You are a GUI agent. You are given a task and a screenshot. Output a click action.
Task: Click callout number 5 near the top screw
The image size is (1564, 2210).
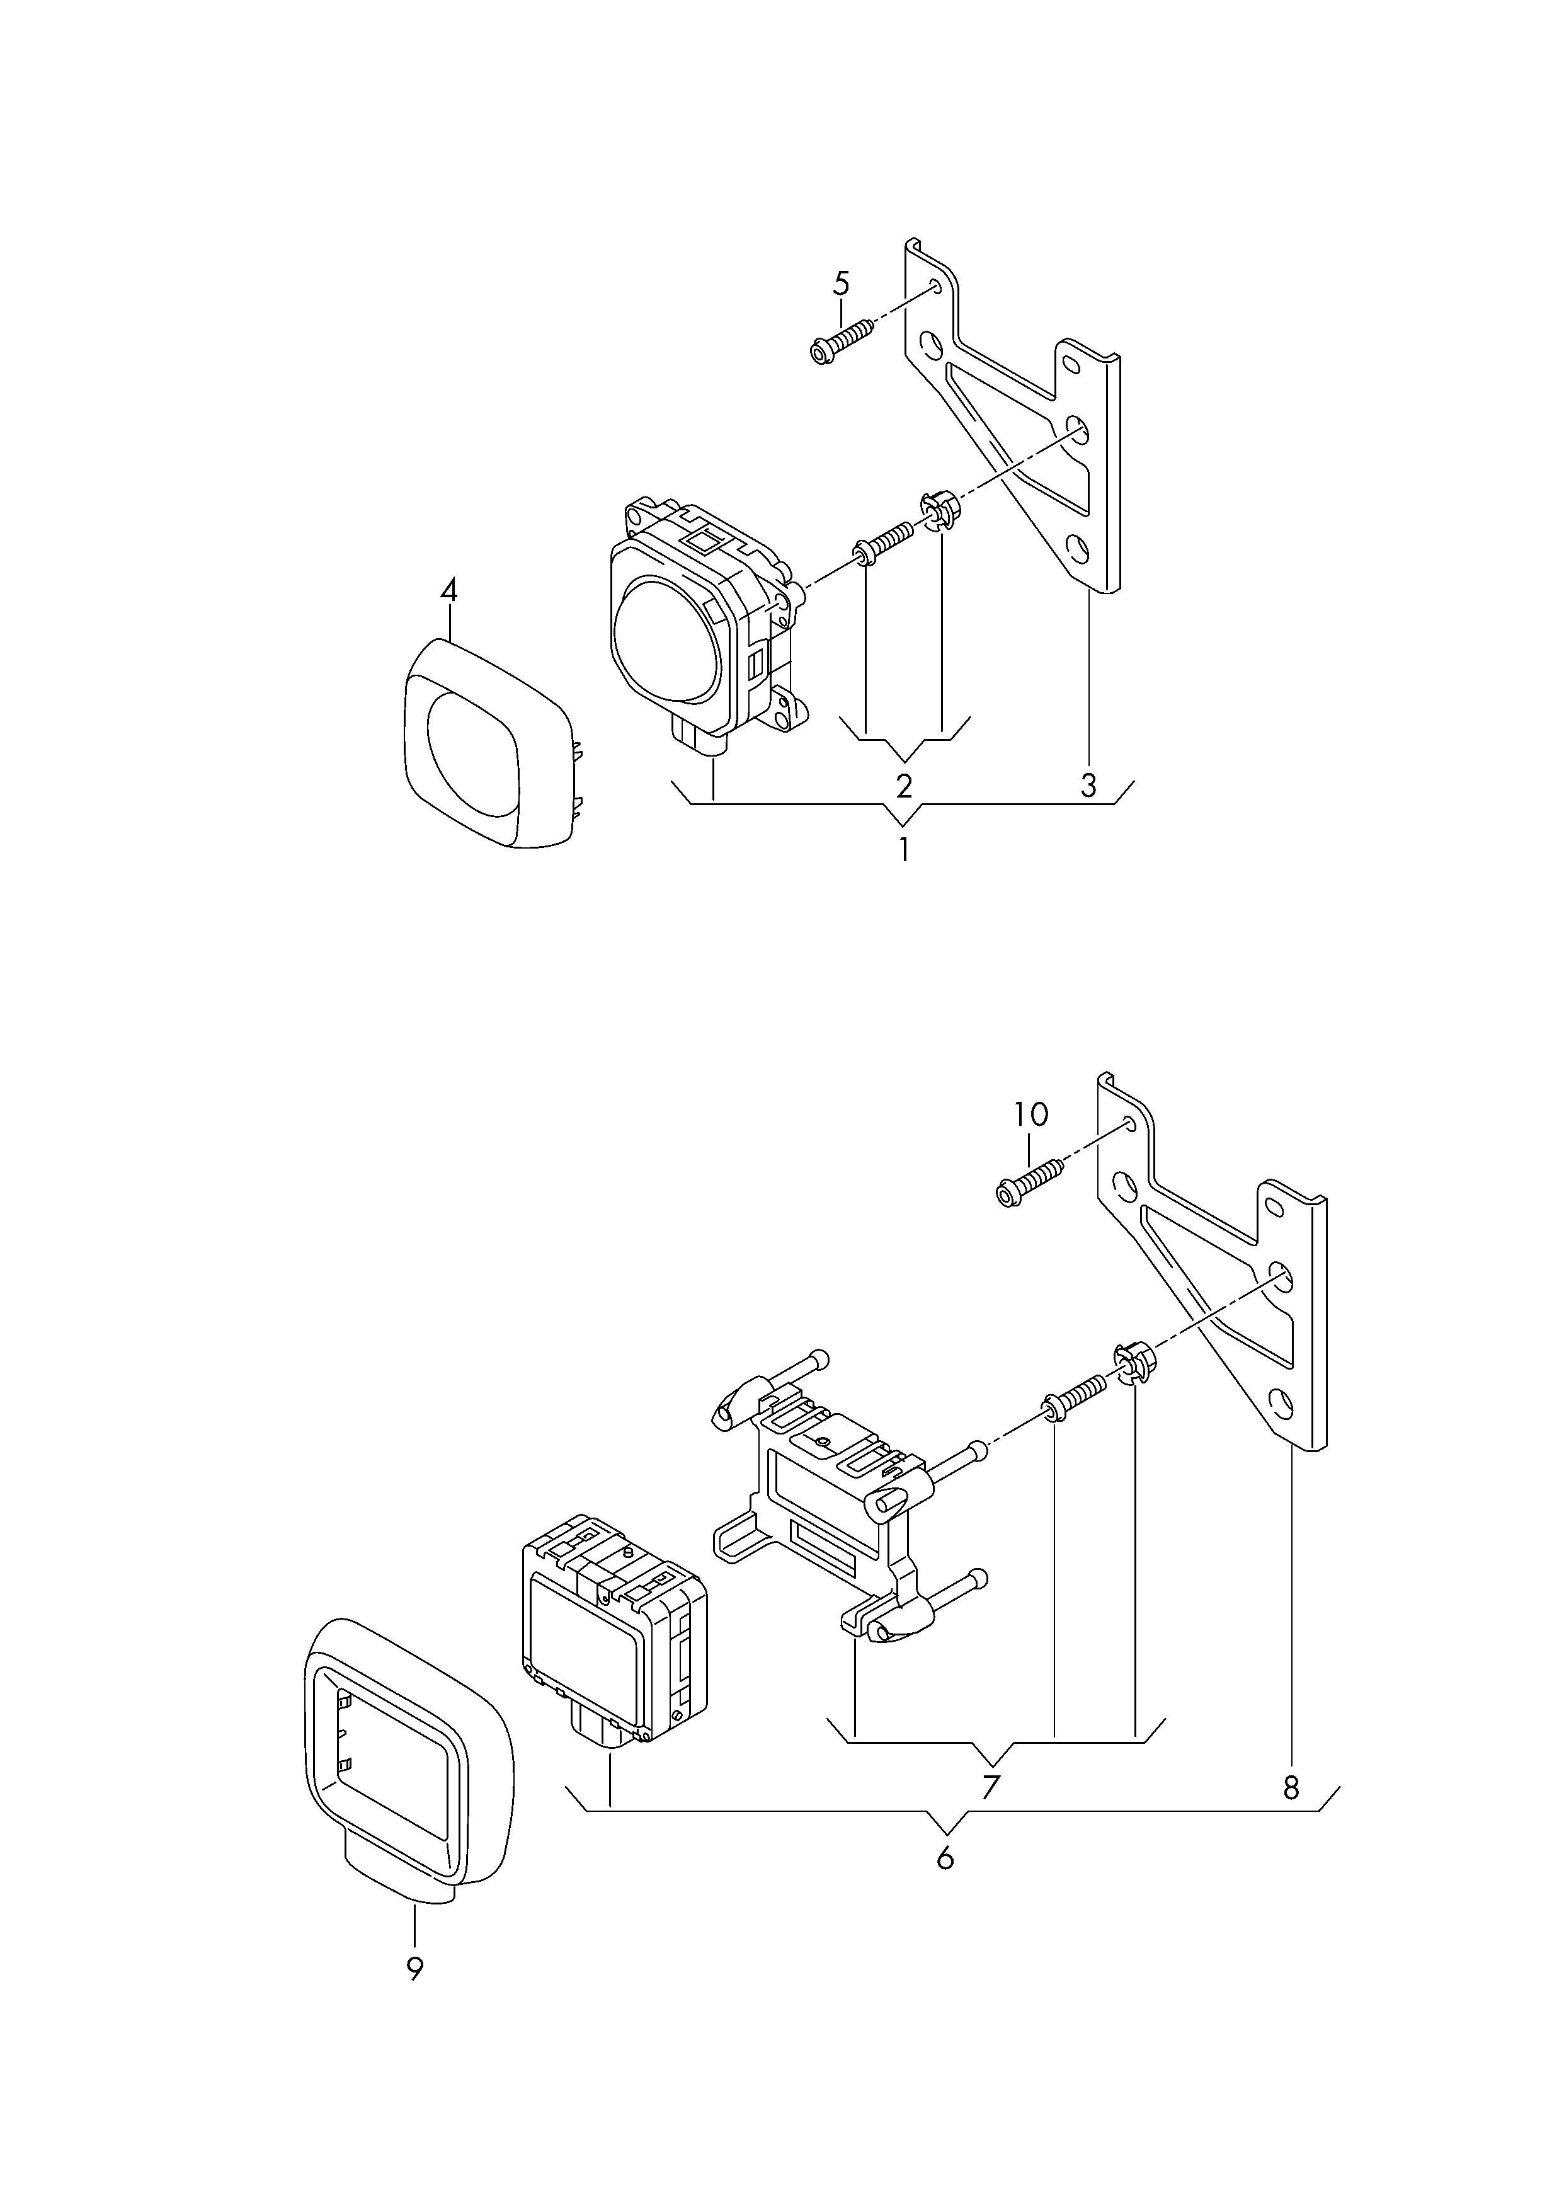pyautogui.click(x=841, y=284)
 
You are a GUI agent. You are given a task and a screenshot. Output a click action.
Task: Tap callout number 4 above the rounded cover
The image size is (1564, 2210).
pyautogui.click(x=448, y=590)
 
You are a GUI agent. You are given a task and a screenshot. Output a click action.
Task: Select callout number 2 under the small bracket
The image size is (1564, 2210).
pyautogui.click(x=903, y=787)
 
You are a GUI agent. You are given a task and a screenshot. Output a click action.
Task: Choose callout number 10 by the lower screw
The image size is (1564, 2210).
pyautogui.click(x=1030, y=1115)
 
